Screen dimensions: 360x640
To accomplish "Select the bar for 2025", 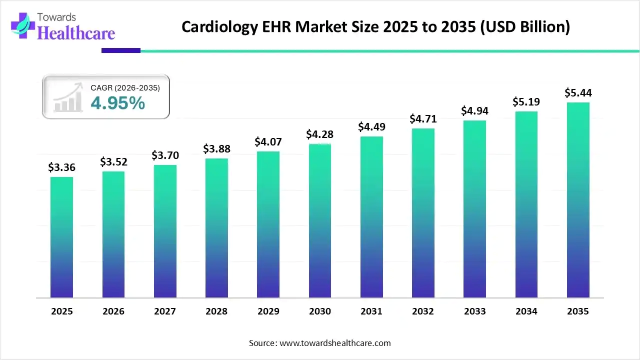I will click(x=61, y=237).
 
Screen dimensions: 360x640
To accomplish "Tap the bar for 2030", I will click(x=320, y=220).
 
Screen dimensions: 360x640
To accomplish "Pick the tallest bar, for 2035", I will click(x=578, y=200).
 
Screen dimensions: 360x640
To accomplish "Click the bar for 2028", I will click(x=216, y=228).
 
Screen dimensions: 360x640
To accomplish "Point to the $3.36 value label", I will click(x=61, y=167).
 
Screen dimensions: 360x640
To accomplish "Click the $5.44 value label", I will click(x=578, y=93).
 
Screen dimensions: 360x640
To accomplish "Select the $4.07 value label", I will click(x=268, y=142).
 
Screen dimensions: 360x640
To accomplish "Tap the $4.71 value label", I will click(x=423, y=119).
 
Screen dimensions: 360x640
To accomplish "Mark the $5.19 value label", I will click(x=526, y=102).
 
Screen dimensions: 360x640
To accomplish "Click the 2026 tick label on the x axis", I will click(x=113, y=311).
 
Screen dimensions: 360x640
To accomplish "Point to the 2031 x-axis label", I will click(x=371, y=311).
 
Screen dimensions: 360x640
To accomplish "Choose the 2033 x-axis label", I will click(x=474, y=311).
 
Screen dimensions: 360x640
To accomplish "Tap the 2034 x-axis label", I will click(x=526, y=311).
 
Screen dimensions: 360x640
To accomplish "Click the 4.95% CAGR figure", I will click(x=117, y=103).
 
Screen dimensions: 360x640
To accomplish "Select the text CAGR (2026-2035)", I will click(x=125, y=88).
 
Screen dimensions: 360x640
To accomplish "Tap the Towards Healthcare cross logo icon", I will click(x=21, y=24).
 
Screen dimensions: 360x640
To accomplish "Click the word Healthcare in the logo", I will click(x=76, y=33).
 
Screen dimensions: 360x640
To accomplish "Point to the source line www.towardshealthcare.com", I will click(x=320, y=343).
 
